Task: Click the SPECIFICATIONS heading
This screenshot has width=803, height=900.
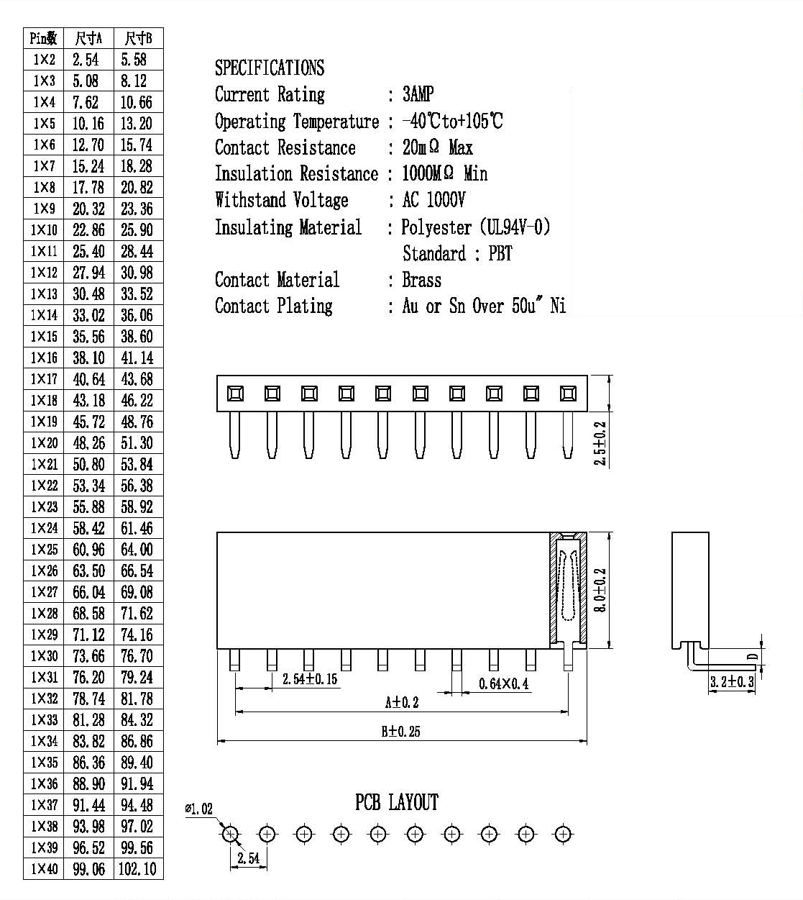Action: (x=270, y=68)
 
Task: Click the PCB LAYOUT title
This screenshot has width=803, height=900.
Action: (x=396, y=802)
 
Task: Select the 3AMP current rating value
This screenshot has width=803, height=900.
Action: (x=418, y=94)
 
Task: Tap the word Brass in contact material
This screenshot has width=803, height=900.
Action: (x=422, y=280)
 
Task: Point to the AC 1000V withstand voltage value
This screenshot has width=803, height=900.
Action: (x=433, y=200)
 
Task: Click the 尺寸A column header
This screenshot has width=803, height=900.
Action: (x=88, y=39)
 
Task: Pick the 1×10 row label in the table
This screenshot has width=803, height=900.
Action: (x=44, y=230)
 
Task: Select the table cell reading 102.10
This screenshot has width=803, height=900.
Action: (x=137, y=869)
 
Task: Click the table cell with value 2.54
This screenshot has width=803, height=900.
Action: (x=86, y=60)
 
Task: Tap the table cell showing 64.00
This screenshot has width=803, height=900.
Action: (x=137, y=550)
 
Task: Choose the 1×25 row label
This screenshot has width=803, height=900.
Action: (x=44, y=550)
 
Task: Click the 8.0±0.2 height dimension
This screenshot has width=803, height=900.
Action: (x=600, y=590)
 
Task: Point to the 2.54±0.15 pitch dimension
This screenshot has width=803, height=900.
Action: (x=310, y=678)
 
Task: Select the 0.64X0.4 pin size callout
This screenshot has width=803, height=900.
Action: (x=504, y=683)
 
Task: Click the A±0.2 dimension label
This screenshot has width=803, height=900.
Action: (x=402, y=702)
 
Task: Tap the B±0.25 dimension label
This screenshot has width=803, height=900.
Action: (x=400, y=731)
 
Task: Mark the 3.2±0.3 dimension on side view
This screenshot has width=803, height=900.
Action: (x=732, y=681)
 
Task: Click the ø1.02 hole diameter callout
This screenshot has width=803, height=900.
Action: (x=199, y=809)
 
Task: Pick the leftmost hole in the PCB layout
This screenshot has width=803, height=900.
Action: (x=230, y=835)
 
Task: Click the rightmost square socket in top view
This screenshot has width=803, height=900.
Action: (x=568, y=394)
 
